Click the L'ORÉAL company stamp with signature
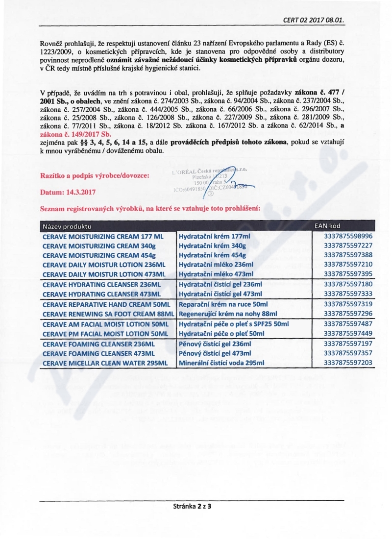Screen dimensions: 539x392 pos(215,181)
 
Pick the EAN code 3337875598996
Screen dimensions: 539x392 pos(348,236)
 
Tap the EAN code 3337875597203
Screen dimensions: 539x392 pos(348,363)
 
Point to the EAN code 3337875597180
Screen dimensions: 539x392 pos(348,284)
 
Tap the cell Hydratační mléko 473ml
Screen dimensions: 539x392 pos(216,274)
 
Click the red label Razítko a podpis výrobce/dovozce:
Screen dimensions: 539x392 pos(94,175)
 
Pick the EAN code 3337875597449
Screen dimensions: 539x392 pos(348,333)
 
